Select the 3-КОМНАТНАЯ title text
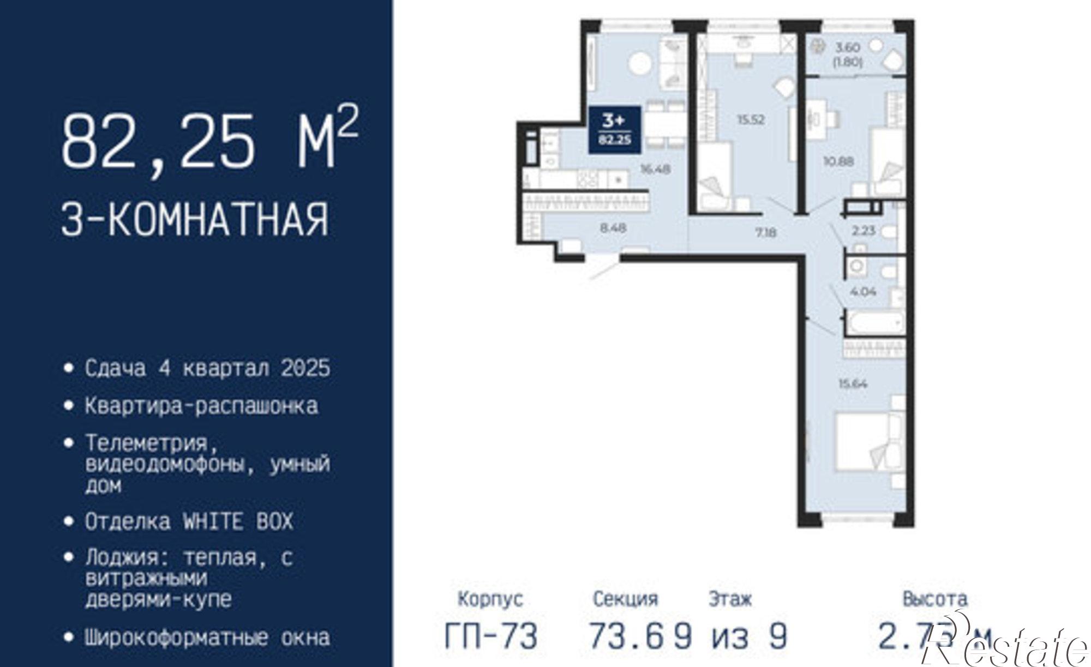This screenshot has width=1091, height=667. (195, 219)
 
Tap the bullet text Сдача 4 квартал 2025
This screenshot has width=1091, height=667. (207, 368)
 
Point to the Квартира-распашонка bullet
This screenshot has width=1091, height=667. (201, 406)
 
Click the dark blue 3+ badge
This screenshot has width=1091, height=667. (614, 129)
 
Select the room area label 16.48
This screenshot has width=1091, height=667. (655, 169)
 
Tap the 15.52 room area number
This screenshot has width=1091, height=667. (751, 120)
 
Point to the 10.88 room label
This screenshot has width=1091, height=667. (838, 161)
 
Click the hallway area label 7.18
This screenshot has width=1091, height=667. (766, 233)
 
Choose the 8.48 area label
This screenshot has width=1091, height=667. (613, 228)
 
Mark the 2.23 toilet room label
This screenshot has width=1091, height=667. (864, 231)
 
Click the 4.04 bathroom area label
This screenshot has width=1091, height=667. (863, 292)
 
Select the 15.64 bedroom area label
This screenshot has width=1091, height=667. (853, 384)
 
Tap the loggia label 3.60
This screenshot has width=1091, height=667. (847, 48)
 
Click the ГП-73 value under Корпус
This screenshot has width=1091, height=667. (491, 636)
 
